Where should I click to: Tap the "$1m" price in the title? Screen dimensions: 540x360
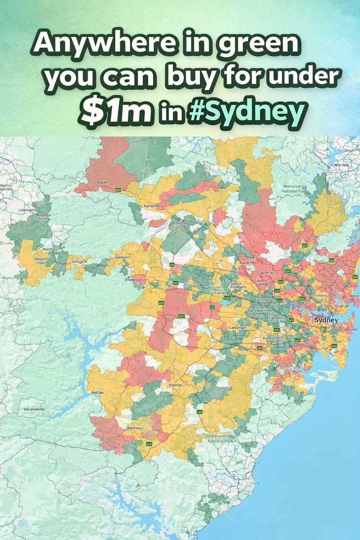[116, 112]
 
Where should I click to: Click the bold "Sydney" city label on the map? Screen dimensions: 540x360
[326, 320]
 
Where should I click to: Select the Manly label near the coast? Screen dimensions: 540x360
[354, 296]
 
